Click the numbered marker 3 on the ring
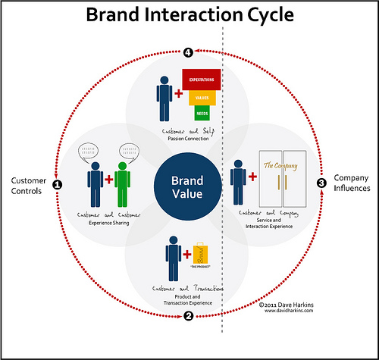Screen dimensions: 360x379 (321, 183)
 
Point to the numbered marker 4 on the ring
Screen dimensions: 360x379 (188, 52)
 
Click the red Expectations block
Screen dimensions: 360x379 (200, 79)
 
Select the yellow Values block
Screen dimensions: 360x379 (203, 97)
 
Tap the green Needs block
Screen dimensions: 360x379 (203, 113)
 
